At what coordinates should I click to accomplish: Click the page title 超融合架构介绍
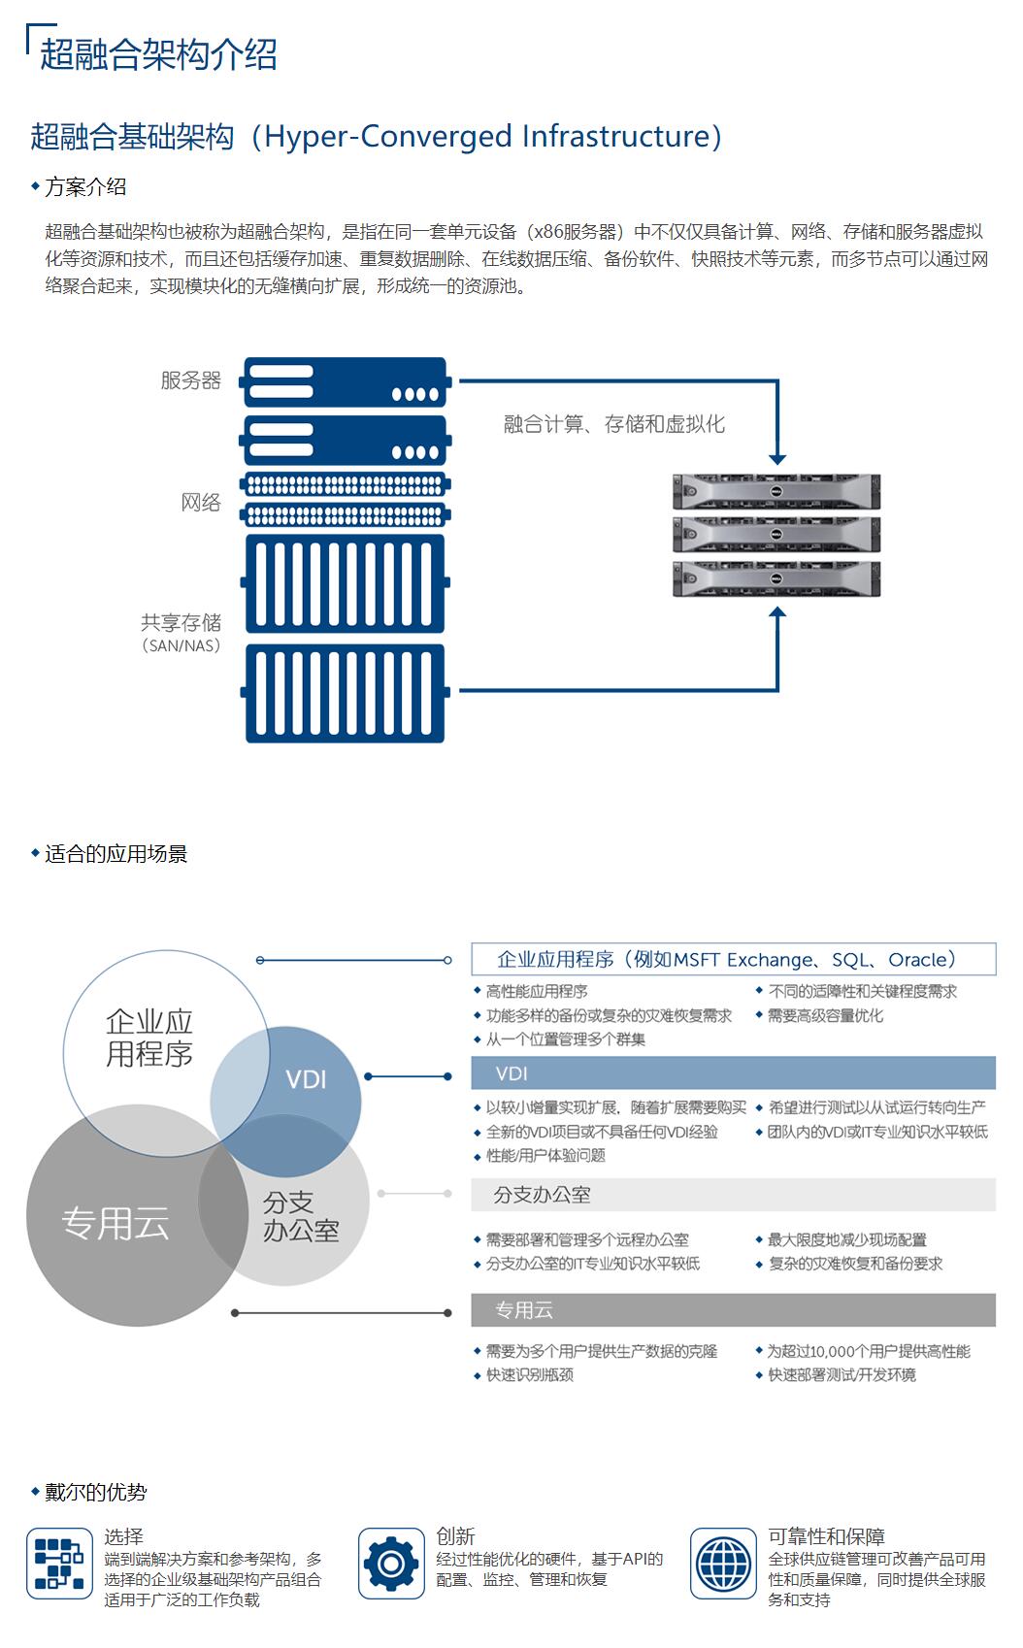point(158,54)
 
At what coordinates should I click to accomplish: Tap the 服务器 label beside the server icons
point(191,380)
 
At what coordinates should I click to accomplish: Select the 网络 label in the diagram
point(201,503)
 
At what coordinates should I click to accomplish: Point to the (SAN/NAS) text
point(181,645)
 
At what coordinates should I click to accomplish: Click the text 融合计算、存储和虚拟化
point(613,424)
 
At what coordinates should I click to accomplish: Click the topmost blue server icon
point(346,381)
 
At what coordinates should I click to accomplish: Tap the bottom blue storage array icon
point(346,693)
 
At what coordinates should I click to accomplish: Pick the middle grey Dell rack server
point(776,535)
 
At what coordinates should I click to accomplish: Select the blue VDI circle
point(307,1079)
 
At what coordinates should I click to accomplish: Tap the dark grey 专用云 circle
point(115,1224)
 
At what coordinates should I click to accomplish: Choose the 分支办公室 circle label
point(301,1217)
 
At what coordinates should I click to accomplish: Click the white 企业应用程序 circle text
point(149,1038)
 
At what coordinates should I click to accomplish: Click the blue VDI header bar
point(733,1073)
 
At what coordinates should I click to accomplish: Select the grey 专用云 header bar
point(733,1310)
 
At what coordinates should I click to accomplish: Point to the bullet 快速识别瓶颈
point(529,1375)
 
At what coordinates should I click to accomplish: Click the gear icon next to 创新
point(391,1564)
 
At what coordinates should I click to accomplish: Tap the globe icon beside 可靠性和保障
point(724,1564)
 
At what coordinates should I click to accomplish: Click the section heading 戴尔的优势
point(95,1492)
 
